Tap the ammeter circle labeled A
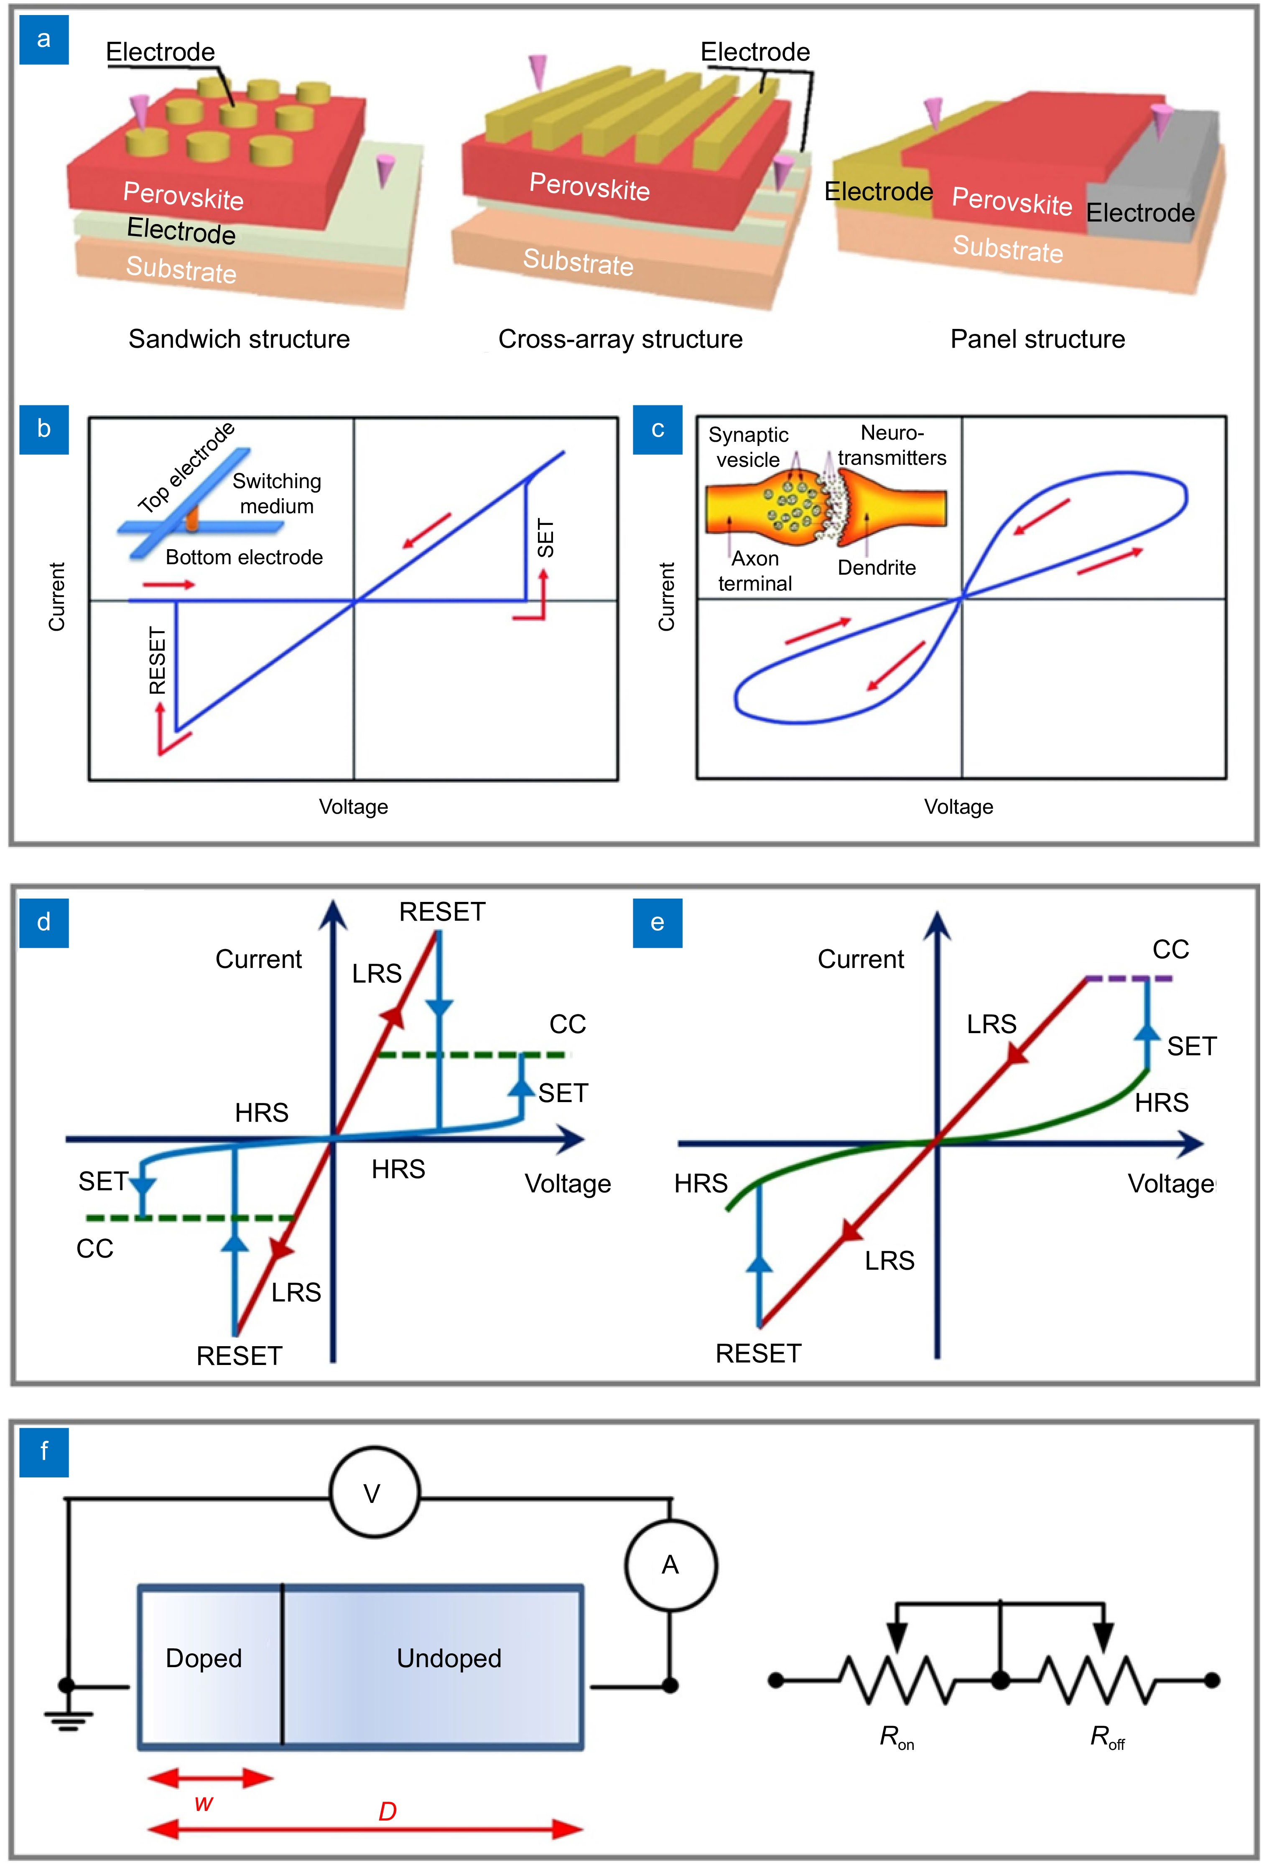670,1565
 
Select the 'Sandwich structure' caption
239,339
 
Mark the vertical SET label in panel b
545,537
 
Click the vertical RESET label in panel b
157,660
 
